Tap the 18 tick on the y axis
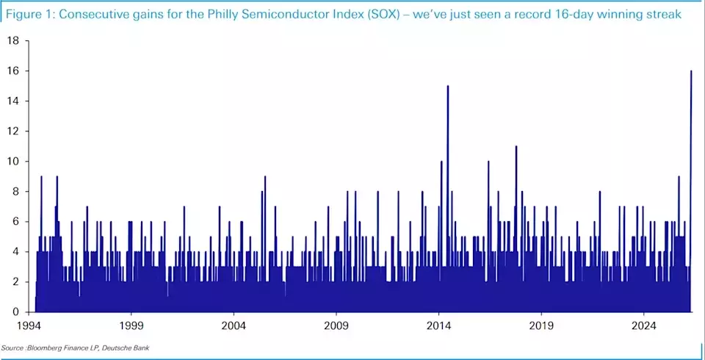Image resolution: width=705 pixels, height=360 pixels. pos(12,40)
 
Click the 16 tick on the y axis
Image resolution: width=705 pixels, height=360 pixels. pos(12,71)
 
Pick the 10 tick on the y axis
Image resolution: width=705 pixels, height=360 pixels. pos(12,162)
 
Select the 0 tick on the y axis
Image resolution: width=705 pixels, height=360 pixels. pos(15,312)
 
